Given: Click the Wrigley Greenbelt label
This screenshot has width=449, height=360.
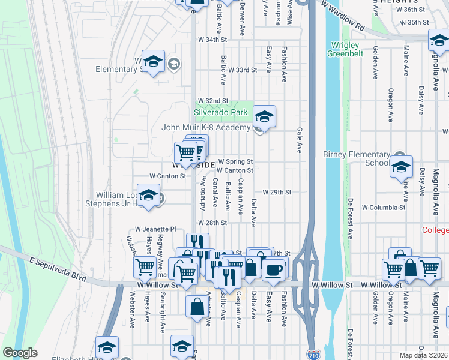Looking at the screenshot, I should (343, 49).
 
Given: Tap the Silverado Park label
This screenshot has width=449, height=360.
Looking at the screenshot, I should (220, 112).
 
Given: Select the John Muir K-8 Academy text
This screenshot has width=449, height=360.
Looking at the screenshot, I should (206, 128).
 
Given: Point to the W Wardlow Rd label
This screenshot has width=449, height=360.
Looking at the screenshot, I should (342, 15).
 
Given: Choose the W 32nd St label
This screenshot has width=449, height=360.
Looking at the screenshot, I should (213, 100).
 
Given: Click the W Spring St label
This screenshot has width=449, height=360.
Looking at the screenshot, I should (235, 161).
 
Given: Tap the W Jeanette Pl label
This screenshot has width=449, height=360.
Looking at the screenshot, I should (155, 229).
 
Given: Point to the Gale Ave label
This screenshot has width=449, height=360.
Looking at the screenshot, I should (298, 140).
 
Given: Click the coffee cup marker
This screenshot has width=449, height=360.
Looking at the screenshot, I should (275, 269).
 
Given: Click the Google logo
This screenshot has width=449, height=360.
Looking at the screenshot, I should (20, 353).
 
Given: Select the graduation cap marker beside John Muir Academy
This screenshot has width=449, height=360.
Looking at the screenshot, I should (264, 116).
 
